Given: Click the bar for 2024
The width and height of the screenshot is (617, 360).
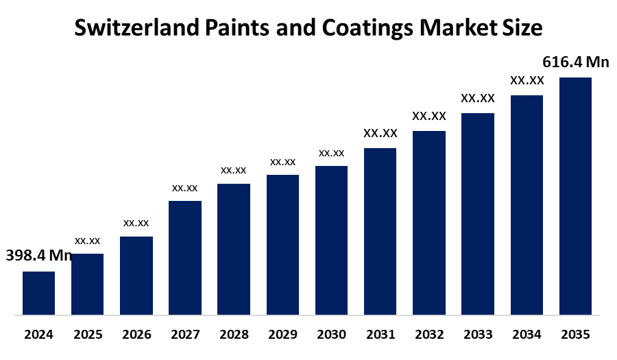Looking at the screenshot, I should tap(38, 293).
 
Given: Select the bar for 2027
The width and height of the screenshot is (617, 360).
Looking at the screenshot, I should tap(185, 258).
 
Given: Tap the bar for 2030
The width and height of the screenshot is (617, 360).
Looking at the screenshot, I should tap(331, 241).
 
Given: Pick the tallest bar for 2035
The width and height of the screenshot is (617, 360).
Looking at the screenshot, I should tap(575, 196).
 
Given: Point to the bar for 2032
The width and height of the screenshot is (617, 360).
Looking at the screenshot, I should tap(429, 223).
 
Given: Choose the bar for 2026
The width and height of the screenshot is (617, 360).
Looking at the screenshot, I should tap(136, 276).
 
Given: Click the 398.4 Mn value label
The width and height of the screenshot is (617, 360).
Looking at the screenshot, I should tap(39, 256).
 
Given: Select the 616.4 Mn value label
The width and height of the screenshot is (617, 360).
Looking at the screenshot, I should tap(576, 62).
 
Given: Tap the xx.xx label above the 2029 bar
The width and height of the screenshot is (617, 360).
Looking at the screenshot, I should tap(282, 162).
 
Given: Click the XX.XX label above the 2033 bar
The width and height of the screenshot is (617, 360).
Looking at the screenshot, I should tap(478, 98).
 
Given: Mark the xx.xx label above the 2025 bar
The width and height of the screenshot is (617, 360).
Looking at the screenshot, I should tap(87, 241).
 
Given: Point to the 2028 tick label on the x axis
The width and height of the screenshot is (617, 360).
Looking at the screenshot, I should tap(234, 335).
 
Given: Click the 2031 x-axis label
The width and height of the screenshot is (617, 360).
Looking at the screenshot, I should tap(380, 335).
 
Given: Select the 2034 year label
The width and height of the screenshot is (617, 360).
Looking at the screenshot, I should tap(527, 335).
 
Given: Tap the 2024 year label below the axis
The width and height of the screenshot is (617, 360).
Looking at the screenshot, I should tap(38, 335).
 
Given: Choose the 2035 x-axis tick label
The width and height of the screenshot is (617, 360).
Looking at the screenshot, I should tap(575, 335).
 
